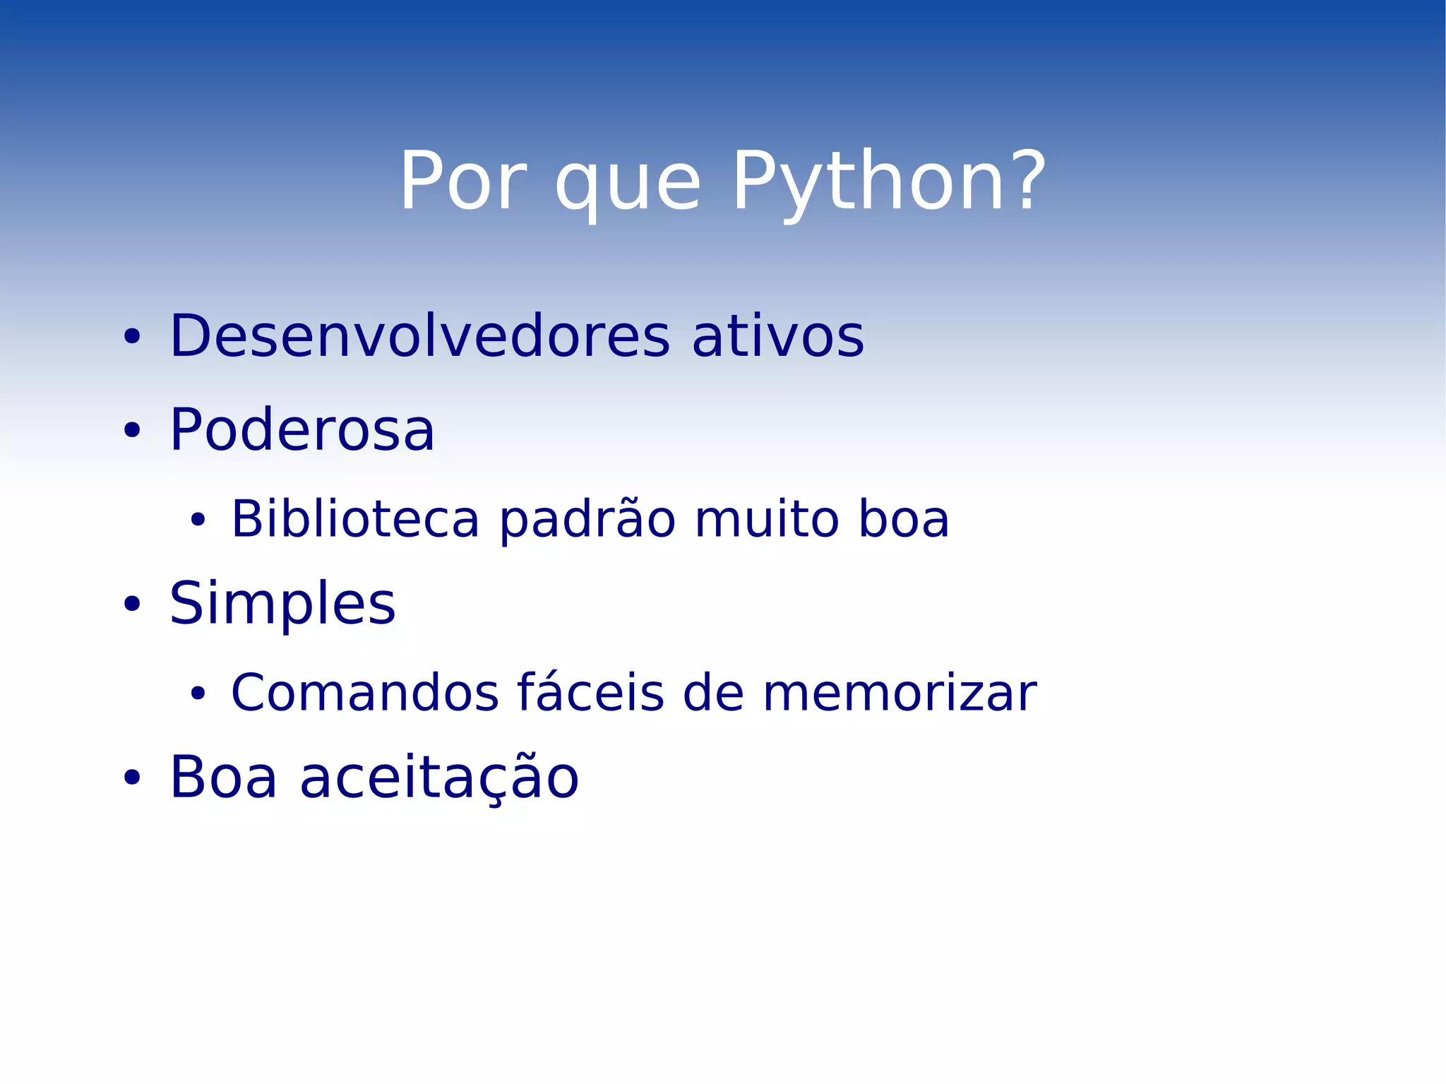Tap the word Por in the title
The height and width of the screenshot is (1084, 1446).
click(463, 182)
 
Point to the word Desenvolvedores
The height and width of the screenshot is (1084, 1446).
click(419, 336)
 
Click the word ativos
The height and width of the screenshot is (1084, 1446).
click(777, 336)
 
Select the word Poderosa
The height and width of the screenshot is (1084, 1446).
click(302, 430)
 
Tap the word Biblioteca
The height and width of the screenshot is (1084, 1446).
click(355, 519)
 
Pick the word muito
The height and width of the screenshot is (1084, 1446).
click(765, 519)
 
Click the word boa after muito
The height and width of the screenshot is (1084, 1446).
click(903, 519)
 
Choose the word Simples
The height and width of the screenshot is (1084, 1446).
click(282, 604)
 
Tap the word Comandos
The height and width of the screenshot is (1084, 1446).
click(365, 693)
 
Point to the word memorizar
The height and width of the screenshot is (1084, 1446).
click(900, 693)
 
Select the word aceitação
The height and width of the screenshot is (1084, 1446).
click(439, 778)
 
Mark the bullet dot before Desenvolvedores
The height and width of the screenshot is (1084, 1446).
click(131, 338)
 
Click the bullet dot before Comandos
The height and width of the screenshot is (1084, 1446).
click(197, 694)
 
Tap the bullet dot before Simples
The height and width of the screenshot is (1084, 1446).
click(131, 604)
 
